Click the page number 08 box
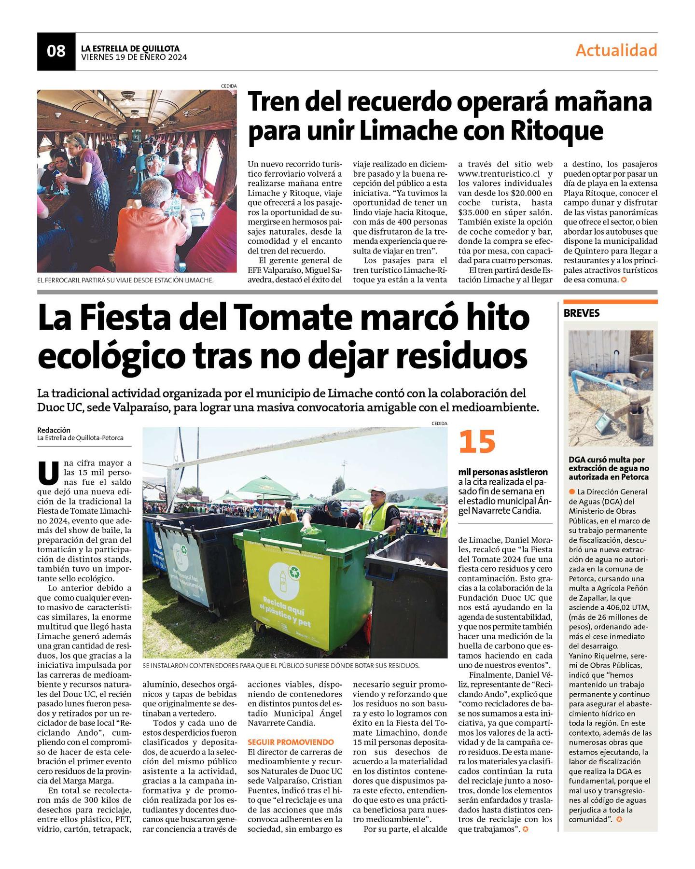point(56,51)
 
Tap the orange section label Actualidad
point(616,50)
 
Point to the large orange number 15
point(477,442)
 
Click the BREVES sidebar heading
point(582,313)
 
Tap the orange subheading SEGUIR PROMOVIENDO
point(291,742)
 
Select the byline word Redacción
point(54,430)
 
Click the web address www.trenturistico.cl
point(499,174)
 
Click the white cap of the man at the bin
point(377,490)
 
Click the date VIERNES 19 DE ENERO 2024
point(134,57)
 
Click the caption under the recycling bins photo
point(281,666)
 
